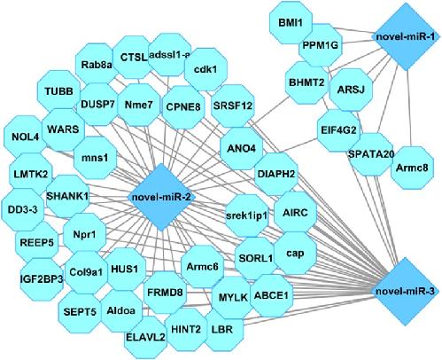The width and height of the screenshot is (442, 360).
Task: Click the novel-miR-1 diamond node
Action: point(406,36)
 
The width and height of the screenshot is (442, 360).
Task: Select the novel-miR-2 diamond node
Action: point(161,197)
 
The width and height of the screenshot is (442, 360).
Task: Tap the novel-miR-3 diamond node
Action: point(406,292)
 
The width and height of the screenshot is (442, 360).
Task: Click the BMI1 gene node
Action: point(291,23)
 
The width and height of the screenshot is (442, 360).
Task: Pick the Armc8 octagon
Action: point(412,168)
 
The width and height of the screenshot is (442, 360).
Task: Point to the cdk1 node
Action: point(205,70)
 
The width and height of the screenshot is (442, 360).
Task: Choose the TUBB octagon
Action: point(59,91)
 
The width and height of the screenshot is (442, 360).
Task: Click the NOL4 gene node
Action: point(26,137)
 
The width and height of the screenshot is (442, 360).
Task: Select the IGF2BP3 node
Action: point(42,279)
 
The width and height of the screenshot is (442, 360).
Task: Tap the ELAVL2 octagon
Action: point(145,337)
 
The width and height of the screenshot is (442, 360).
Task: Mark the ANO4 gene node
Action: point(242,149)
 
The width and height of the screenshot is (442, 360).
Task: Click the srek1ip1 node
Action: point(246,215)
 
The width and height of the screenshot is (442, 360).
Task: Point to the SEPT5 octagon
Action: point(80,312)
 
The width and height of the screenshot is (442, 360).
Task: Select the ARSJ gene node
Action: point(351,90)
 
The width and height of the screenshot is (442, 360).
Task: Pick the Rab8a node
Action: point(97,65)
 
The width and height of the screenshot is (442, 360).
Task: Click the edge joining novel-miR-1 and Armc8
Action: point(409,108)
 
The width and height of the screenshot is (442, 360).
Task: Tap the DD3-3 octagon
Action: point(23,209)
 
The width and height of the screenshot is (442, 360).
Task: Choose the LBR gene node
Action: point(222,329)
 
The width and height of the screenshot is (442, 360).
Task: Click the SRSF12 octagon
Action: point(233,106)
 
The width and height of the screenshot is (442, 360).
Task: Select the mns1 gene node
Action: point(95,158)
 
